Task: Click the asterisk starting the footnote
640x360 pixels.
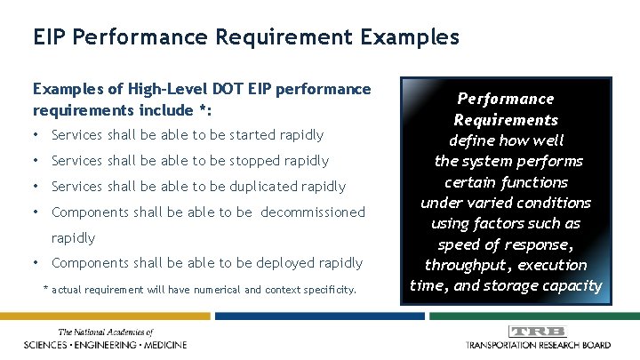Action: coord(46,289)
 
